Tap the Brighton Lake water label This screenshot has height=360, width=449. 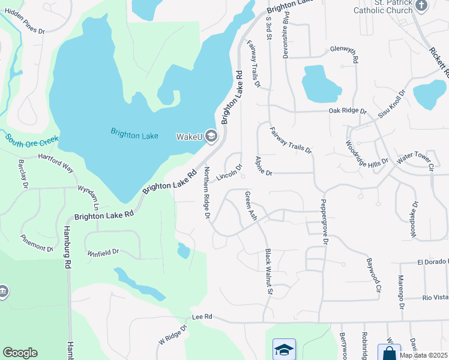coord(134,134)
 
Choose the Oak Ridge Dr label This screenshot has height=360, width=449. coord(347,110)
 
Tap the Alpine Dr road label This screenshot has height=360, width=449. coord(263,165)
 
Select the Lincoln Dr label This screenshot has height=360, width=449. coord(229,173)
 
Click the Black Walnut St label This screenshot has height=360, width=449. coord(269,272)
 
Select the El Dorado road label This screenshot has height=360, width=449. coord(432,262)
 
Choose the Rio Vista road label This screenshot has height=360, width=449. coord(435,298)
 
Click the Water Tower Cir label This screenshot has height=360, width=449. coord(414,159)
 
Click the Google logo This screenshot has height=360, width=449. coord(20,353)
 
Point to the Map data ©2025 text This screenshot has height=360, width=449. coord(423,355)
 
